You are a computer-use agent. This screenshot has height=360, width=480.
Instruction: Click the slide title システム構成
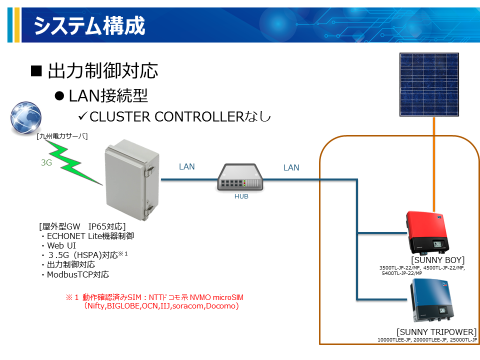point(89,25)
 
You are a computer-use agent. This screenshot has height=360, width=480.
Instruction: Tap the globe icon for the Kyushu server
point(25,118)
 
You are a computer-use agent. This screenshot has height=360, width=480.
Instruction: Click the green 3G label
point(46,162)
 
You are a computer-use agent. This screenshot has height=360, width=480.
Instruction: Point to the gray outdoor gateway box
point(132,180)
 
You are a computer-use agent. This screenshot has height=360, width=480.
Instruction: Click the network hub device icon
point(240,177)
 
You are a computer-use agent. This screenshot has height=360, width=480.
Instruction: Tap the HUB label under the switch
point(241,196)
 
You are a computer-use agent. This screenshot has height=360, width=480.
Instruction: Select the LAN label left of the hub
point(186,166)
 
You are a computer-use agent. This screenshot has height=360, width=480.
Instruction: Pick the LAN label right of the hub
point(291,167)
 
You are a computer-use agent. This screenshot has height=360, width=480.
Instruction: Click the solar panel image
point(429,84)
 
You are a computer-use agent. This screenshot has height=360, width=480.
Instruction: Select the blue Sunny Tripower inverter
point(431,300)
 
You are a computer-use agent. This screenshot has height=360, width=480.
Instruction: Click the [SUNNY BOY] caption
point(438,260)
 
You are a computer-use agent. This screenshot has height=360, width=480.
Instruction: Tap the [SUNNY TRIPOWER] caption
point(436,332)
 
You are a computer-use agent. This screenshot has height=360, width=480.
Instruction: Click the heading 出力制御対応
point(103,70)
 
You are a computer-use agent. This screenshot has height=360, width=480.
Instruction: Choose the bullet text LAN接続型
point(108,96)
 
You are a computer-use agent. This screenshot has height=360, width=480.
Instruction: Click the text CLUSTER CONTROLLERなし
point(180,116)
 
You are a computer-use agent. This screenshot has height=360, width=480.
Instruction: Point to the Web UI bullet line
point(61,245)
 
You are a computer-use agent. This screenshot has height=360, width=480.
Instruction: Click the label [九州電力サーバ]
point(62,136)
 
